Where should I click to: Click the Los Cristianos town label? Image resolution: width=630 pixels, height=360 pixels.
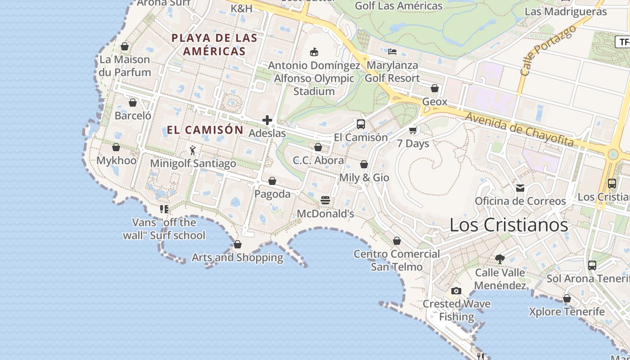pos(508,225)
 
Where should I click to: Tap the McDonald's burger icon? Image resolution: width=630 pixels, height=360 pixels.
pos(325,200)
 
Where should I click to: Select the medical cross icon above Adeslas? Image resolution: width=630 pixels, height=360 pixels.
pos(267,120)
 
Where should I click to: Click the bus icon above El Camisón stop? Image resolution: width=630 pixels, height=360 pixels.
pos(360,124)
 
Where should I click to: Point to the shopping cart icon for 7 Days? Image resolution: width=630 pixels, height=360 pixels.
pos(413,130)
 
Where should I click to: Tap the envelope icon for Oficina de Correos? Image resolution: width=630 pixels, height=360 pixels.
pos(520,188)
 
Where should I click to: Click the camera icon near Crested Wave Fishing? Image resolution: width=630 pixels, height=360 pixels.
pos(456,291)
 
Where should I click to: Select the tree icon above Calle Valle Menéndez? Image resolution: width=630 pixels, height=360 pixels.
pos(499,259)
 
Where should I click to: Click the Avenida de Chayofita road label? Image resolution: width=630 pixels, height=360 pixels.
pos(520,129)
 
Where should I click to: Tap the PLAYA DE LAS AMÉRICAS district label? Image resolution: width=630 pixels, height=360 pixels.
pos(214,45)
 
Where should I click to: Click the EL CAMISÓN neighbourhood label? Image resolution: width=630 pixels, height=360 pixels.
pos(205,130)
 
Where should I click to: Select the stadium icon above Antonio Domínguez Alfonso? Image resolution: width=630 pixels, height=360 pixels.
pos(314,52)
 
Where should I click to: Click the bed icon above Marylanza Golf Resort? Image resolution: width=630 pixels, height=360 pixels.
pos(392,52)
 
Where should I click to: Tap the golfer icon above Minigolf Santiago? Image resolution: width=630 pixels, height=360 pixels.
pos(193,150)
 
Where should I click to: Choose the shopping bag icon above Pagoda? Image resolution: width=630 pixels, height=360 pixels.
pos(272,181)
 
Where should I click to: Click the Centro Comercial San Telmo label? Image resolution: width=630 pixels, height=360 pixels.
pos(396,260)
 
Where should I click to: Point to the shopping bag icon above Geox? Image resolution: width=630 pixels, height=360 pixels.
pos(435,88)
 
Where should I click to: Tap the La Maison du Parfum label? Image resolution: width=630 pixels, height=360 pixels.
pos(125,66)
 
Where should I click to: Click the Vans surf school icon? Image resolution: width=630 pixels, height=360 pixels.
pos(164,209)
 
